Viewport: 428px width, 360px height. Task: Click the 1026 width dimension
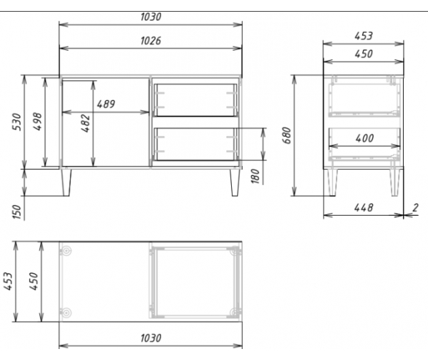click(151, 41)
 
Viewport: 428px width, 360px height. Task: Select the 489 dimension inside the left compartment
click(106, 104)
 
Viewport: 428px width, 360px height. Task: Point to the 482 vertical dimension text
click(86, 124)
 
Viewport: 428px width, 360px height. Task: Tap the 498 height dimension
click(37, 121)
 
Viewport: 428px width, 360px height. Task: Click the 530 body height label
click(17, 121)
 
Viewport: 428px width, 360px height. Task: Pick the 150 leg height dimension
click(17, 211)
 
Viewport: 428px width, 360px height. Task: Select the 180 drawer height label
click(255, 176)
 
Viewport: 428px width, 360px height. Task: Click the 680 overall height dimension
click(287, 135)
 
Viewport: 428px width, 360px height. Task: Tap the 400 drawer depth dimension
click(364, 138)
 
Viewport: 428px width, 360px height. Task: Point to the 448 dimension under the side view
click(364, 208)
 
